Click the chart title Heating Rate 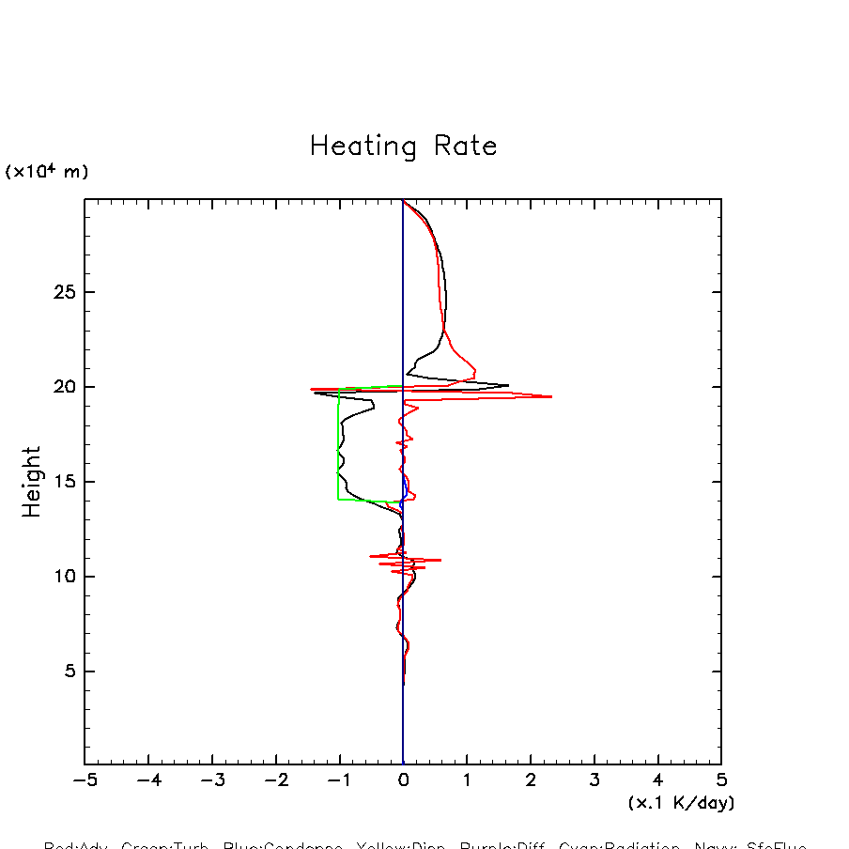pyautogui.click(x=403, y=147)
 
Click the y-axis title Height pyautogui.click(x=32, y=482)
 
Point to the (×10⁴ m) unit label pyautogui.click(x=47, y=172)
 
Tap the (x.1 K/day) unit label pyautogui.click(x=681, y=803)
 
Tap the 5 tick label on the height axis pyautogui.click(x=67, y=671)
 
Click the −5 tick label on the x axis pyautogui.click(x=83, y=780)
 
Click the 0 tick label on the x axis pyautogui.click(x=403, y=780)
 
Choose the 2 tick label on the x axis pyautogui.click(x=531, y=780)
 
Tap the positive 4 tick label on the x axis pyautogui.click(x=657, y=780)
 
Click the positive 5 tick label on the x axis pyautogui.click(x=721, y=780)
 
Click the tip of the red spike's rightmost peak pyautogui.click(x=552, y=396)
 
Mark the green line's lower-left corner pyautogui.click(x=339, y=500)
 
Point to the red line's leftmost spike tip pyautogui.click(x=311, y=389)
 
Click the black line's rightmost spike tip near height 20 pyautogui.click(x=508, y=385)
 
